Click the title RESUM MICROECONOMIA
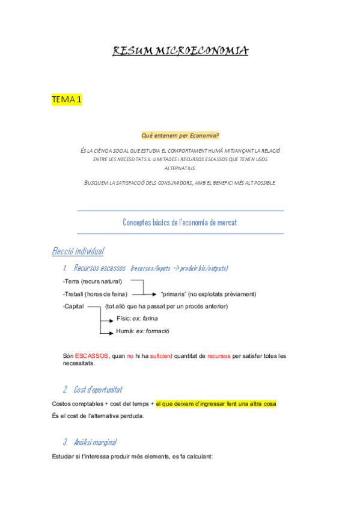(x=180, y=52)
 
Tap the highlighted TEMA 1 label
(x=67, y=100)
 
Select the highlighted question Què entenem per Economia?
(x=180, y=136)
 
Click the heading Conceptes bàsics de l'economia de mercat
(x=180, y=223)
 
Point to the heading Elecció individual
(x=78, y=251)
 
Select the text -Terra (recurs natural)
(x=92, y=281)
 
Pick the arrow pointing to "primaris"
(x=144, y=294)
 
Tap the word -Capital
(x=73, y=306)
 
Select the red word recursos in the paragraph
(x=218, y=356)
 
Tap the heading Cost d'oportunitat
(x=98, y=389)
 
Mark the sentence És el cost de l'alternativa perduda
(x=99, y=416)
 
